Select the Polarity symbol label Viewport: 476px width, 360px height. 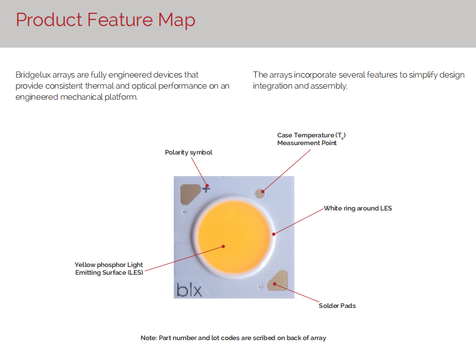188,152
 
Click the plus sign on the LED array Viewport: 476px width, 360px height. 206,188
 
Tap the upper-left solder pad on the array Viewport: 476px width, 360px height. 190,193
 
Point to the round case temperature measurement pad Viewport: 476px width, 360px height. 260,193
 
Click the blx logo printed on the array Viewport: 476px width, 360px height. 189,290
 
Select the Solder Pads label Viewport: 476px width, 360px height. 337,306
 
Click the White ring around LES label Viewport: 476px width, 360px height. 358,208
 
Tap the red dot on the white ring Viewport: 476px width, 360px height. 273,234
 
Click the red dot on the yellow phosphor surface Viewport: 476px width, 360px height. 223,246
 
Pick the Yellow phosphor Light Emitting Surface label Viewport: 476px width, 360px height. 109,269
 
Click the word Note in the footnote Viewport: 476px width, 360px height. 148,338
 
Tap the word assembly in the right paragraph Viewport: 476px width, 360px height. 330,86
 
